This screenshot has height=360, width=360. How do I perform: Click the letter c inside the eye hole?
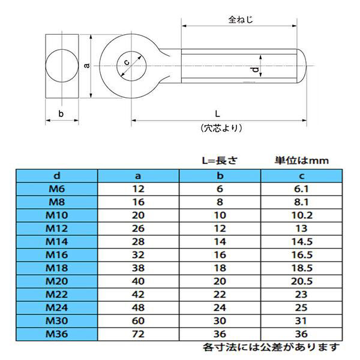[127, 61]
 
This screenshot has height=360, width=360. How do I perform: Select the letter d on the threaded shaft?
[255, 71]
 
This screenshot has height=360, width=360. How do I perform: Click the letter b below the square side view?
[61, 113]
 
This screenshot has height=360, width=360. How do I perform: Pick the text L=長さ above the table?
[220, 160]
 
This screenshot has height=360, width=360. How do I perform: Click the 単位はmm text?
[302, 160]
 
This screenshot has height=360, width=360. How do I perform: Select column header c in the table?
[302, 176]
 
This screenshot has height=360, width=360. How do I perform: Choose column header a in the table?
[137, 176]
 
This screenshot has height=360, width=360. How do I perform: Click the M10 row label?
[56, 215]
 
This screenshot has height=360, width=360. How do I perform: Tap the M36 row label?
[56, 334]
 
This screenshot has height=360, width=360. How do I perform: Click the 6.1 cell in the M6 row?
[302, 188]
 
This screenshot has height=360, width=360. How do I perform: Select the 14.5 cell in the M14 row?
[302, 241]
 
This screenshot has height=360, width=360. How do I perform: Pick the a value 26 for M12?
[137, 228]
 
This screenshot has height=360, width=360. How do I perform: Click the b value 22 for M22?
[220, 294]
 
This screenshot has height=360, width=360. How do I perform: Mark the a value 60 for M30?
[137, 320]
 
